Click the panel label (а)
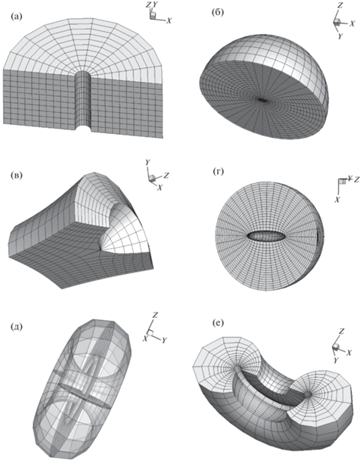tap(16, 17)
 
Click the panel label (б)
tap(218, 14)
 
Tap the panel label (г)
tap(218, 171)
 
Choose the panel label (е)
tap(218, 322)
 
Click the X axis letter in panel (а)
tap(169, 21)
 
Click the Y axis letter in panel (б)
tap(340, 36)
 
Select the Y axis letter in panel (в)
tap(148, 162)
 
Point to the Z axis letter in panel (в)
tap(166, 176)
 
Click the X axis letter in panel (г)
tap(337, 199)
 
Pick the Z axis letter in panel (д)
tap(156, 315)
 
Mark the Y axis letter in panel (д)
tap(164, 340)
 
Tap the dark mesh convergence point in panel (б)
tap(262, 100)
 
